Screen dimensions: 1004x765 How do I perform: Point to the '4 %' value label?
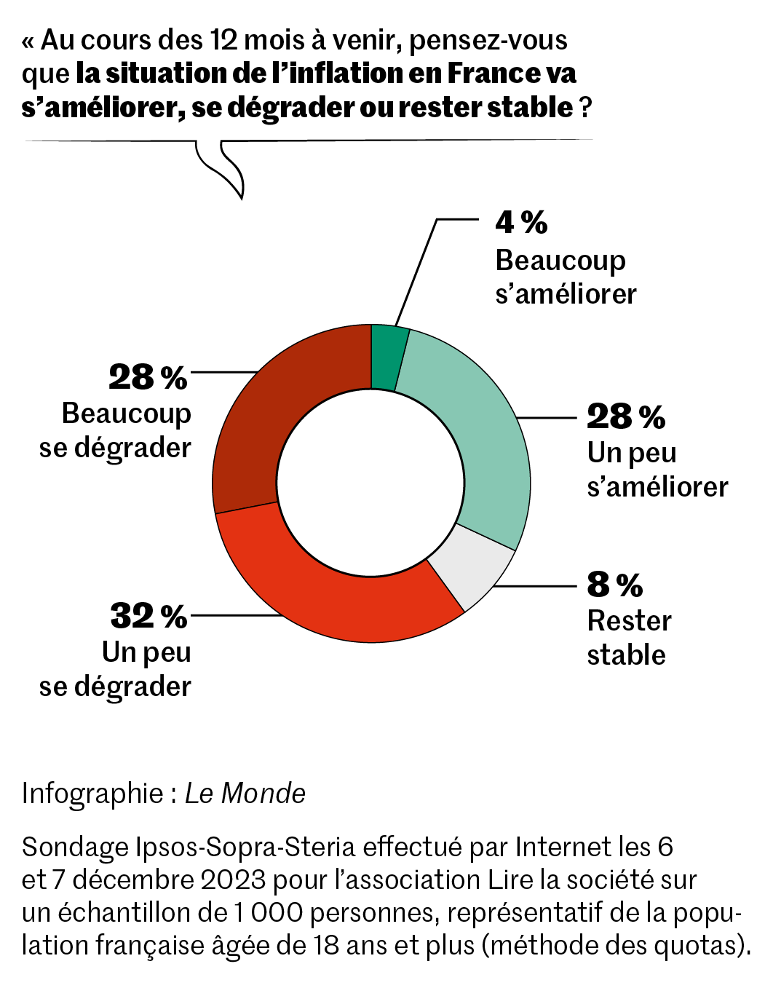pos(521,223)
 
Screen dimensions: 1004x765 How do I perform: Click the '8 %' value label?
pos(615,584)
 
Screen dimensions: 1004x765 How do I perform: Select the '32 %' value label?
pos(148,616)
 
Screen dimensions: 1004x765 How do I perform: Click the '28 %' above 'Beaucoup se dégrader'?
pos(148,377)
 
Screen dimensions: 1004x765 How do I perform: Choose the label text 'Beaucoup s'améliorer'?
pos(565,277)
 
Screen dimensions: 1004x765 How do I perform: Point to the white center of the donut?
pos(371,484)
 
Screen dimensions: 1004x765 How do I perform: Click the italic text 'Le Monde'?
pos(245,794)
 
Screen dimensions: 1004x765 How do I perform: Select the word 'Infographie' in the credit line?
pos(92,794)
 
